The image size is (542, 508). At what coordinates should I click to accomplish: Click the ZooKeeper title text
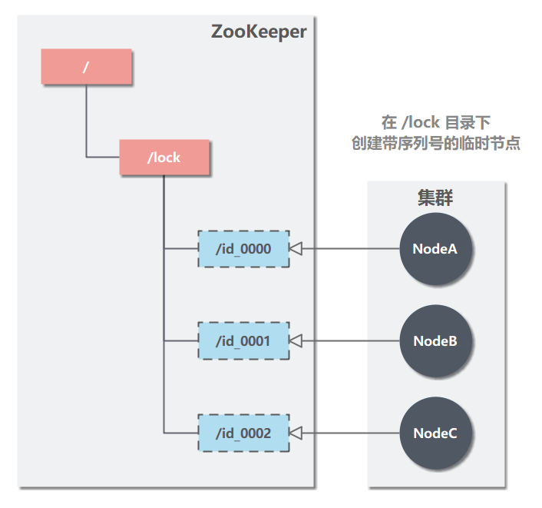[x=258, y=32]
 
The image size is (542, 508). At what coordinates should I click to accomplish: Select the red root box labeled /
[x=86, y=67]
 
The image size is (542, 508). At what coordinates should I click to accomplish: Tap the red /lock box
[x=164, y=158]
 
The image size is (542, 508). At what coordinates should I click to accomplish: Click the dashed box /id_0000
[x=243, y=248]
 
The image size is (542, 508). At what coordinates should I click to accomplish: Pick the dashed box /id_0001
[x=243, y=340]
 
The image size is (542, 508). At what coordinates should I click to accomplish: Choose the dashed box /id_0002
[x=243, y=433]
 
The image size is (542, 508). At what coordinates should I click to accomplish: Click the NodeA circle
[x=435, y=248]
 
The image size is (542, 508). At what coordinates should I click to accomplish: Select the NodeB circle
[x=435, y=340]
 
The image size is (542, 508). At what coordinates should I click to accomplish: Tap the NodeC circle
[x=435, y=433]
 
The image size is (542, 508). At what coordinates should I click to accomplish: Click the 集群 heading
[x=435, y=198]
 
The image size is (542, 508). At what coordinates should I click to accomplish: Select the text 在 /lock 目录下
[x=435, y=123]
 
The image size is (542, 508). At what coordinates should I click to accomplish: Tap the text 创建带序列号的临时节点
[x=435, y=144]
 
